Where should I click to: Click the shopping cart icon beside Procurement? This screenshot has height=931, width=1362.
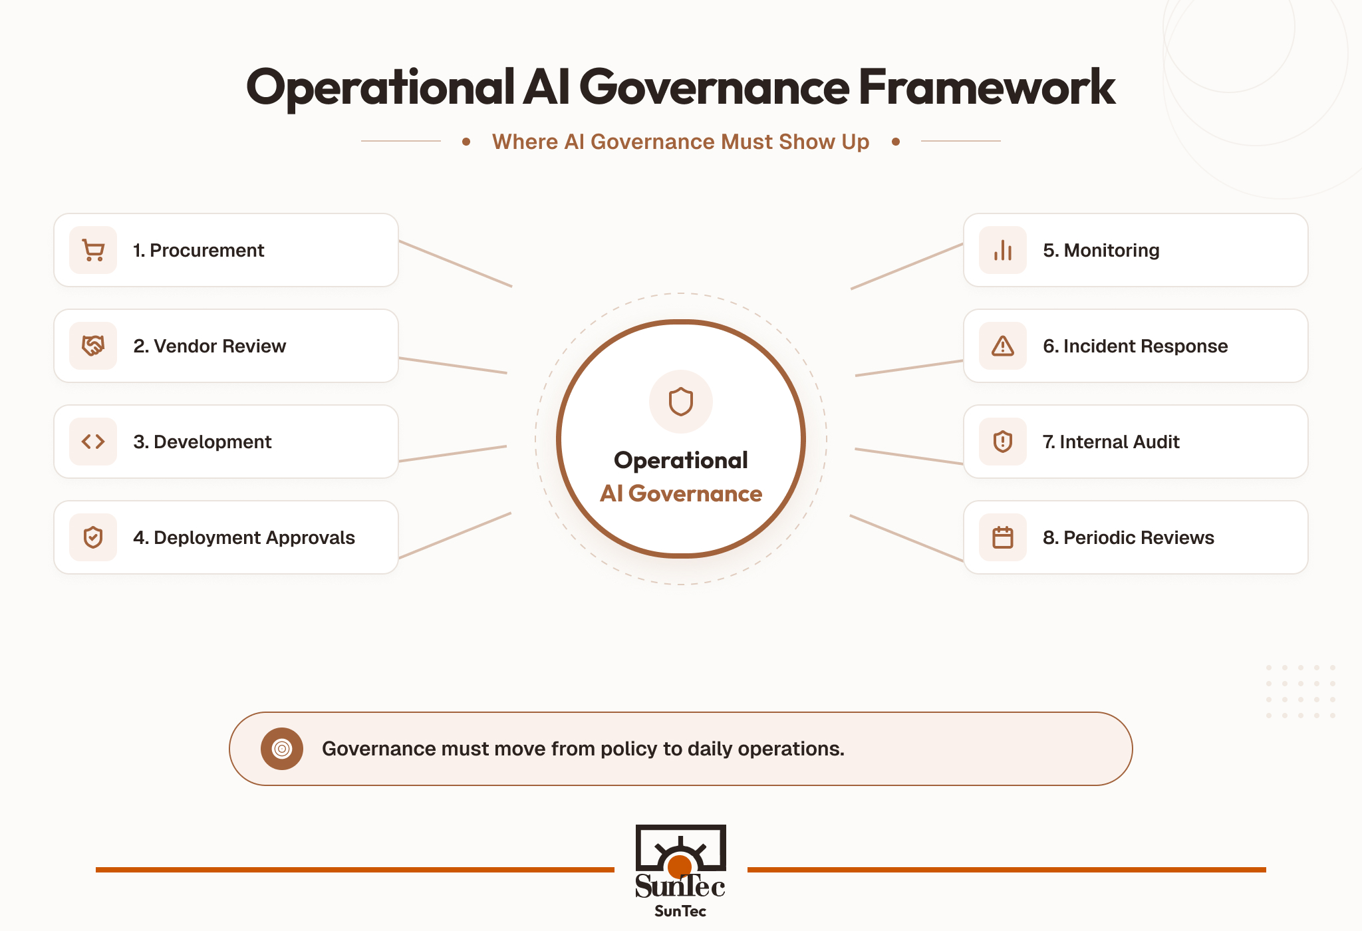click(x=93, y=250)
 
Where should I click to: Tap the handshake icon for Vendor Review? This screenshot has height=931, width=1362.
click(x=93, y=346)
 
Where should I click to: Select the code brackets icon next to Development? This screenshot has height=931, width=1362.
click(x=93, y=442)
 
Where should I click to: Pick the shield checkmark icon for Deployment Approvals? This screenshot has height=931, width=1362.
click(x=93, y=537)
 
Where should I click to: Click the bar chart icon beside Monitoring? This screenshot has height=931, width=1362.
click(x=1003, y=250)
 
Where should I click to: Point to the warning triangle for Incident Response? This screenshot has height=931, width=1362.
click(x=1003, y=346)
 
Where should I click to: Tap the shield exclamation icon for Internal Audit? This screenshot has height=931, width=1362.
click(x=1003, y=442)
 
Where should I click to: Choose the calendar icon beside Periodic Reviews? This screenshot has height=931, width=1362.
click(x=1003, y=537)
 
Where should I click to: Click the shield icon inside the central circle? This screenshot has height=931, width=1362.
click(x=681, y=402)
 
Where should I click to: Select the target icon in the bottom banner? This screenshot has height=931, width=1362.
click(x=282, y=749)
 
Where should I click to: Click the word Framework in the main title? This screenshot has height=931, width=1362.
click(x=987, y=87)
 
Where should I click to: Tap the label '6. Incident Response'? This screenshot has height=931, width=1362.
click(x=1135, y=346)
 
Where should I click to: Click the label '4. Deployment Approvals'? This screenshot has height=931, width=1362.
click(x=244, y=537)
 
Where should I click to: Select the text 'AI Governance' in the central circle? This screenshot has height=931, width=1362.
click(x=681, y=493)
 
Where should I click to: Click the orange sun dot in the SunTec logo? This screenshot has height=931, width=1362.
click(x=680, y=866)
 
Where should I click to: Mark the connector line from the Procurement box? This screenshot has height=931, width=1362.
click(x=456, y=263)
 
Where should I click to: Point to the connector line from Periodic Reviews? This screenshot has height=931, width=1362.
click(x=906, y=538)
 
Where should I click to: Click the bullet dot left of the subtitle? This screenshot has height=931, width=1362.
click(x=466, y=142)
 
